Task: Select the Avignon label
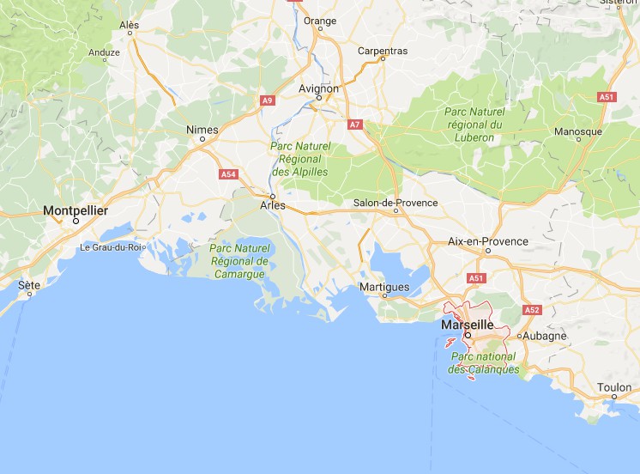pyautogui.click(x=318, y=88)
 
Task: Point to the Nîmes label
pyautogui.click(x=202, y=130)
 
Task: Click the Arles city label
pyautogui.click(x=272, y=205)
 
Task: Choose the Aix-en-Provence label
pyautogui.click(x=488, y=241)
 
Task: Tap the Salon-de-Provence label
pyautogui.click(x=395, y=203)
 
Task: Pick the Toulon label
pyautogui.click(x=614, y=387)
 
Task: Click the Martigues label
pyautogui.click(x=383, y=287)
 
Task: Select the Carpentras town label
pyautogui.click(x=383, y=51)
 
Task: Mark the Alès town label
pyautogui.click(x=130, y=25)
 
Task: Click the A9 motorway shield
pyautogui.click(x=268, y=100)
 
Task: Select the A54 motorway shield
pyautogui.click(x=228, y=174)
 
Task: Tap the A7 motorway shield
pyautogui.click(x=354, y=125)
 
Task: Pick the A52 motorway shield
pyautogui.click(x=531, y=309)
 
